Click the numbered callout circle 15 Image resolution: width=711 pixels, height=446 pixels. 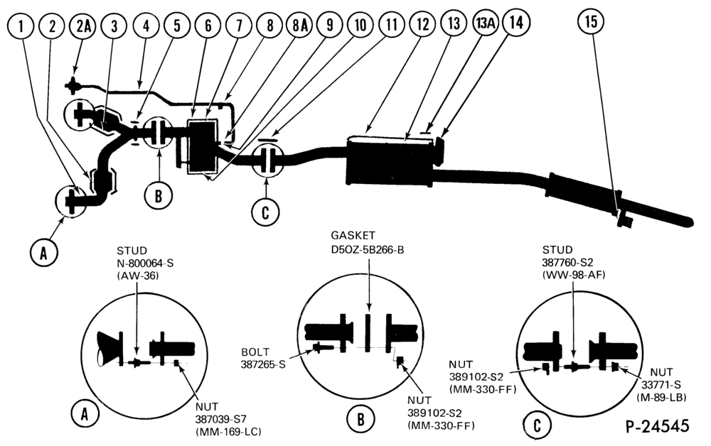click(591, 21)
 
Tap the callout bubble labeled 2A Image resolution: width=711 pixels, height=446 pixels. click(83, 26)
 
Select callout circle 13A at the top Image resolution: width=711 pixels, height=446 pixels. click(485, 23)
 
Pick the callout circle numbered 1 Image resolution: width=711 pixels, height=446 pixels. click(21, 26)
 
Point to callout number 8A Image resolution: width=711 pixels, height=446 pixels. click(300, 25)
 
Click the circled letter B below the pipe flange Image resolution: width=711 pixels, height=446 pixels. click(159, 196)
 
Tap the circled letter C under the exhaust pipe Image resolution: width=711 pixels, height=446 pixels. click(266, 212)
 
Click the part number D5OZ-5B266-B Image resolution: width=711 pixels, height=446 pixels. click(368, 249)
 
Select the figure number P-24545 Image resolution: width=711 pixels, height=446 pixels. click(658, 426)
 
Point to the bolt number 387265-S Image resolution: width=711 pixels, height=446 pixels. click(263, 364)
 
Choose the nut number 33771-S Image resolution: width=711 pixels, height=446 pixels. click(661, 385)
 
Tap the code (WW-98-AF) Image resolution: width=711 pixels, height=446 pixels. click(574, 275)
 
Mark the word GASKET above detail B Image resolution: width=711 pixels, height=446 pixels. click(353, 236)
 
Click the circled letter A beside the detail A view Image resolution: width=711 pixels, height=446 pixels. click(85, 413)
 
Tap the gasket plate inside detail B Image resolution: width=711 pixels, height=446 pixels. click(368, 330)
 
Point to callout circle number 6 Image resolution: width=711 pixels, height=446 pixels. click(208, 25)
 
